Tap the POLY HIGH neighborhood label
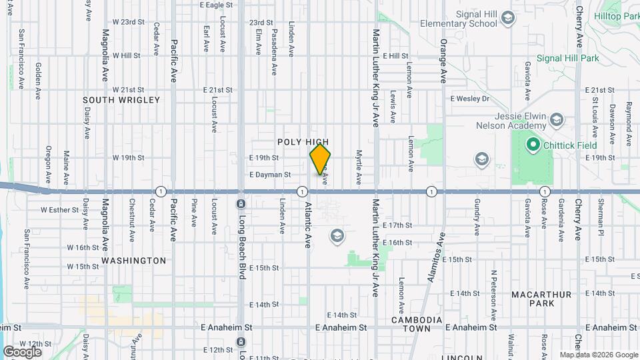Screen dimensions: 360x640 pyautogui.click(x=303, y=142)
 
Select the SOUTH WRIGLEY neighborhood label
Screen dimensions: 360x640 pyautogui.click(x=121, y=100)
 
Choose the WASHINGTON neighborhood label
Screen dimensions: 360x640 pyautogui.click(x=134, y=261)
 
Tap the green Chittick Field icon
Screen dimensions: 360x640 pyautogui.click(x=533, y=143)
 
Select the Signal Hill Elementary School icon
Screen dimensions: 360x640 pyautogui.click(x=508, y=17)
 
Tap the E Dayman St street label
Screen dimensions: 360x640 pyautogui.click(x=270, y=175)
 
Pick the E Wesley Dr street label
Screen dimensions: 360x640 pyautogui.click(x=469, y=99)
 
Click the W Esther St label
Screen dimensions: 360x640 pyautogui.click(x=61, y=209)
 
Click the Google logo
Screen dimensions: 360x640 pyautogui.click(x=22, y=351)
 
